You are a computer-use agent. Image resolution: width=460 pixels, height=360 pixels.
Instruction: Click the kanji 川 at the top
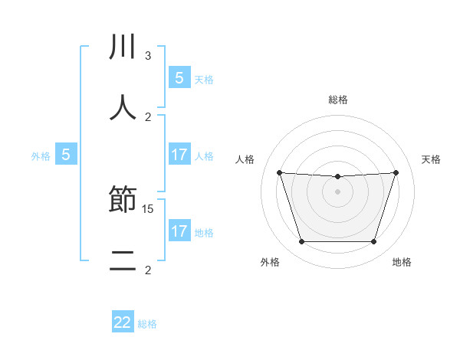(123, 47)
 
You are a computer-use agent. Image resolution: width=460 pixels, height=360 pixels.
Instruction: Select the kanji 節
(123, 201)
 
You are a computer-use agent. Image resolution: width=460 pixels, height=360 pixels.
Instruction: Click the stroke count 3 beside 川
(148, 56)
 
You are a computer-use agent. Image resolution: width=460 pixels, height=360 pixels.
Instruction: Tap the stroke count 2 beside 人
(148, 116)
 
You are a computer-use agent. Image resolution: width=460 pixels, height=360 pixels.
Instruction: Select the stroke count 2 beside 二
(148, 270)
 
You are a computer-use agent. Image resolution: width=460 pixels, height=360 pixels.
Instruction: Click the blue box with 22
(123, 322)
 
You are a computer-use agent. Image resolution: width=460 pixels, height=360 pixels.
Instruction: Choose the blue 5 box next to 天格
(179, 77)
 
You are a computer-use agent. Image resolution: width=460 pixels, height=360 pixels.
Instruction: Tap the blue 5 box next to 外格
(66, 155)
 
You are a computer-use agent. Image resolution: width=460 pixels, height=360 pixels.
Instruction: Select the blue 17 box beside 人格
(179, 155)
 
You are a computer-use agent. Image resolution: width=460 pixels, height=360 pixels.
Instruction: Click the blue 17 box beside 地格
(179, 231)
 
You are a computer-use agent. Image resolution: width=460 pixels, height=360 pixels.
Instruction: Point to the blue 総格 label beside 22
(148, 324)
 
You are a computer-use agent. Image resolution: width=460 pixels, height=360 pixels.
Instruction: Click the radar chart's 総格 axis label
(338, 100)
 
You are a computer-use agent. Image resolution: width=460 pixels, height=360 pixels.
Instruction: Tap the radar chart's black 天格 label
(431, 159)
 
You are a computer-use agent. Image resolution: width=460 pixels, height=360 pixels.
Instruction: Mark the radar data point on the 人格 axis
(279, 172)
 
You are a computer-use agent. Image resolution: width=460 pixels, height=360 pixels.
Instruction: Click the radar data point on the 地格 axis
(373, 242)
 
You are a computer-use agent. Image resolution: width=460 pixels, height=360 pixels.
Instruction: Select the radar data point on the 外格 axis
(301, 242)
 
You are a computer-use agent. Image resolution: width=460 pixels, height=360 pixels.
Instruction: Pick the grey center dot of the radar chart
(337, 191)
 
